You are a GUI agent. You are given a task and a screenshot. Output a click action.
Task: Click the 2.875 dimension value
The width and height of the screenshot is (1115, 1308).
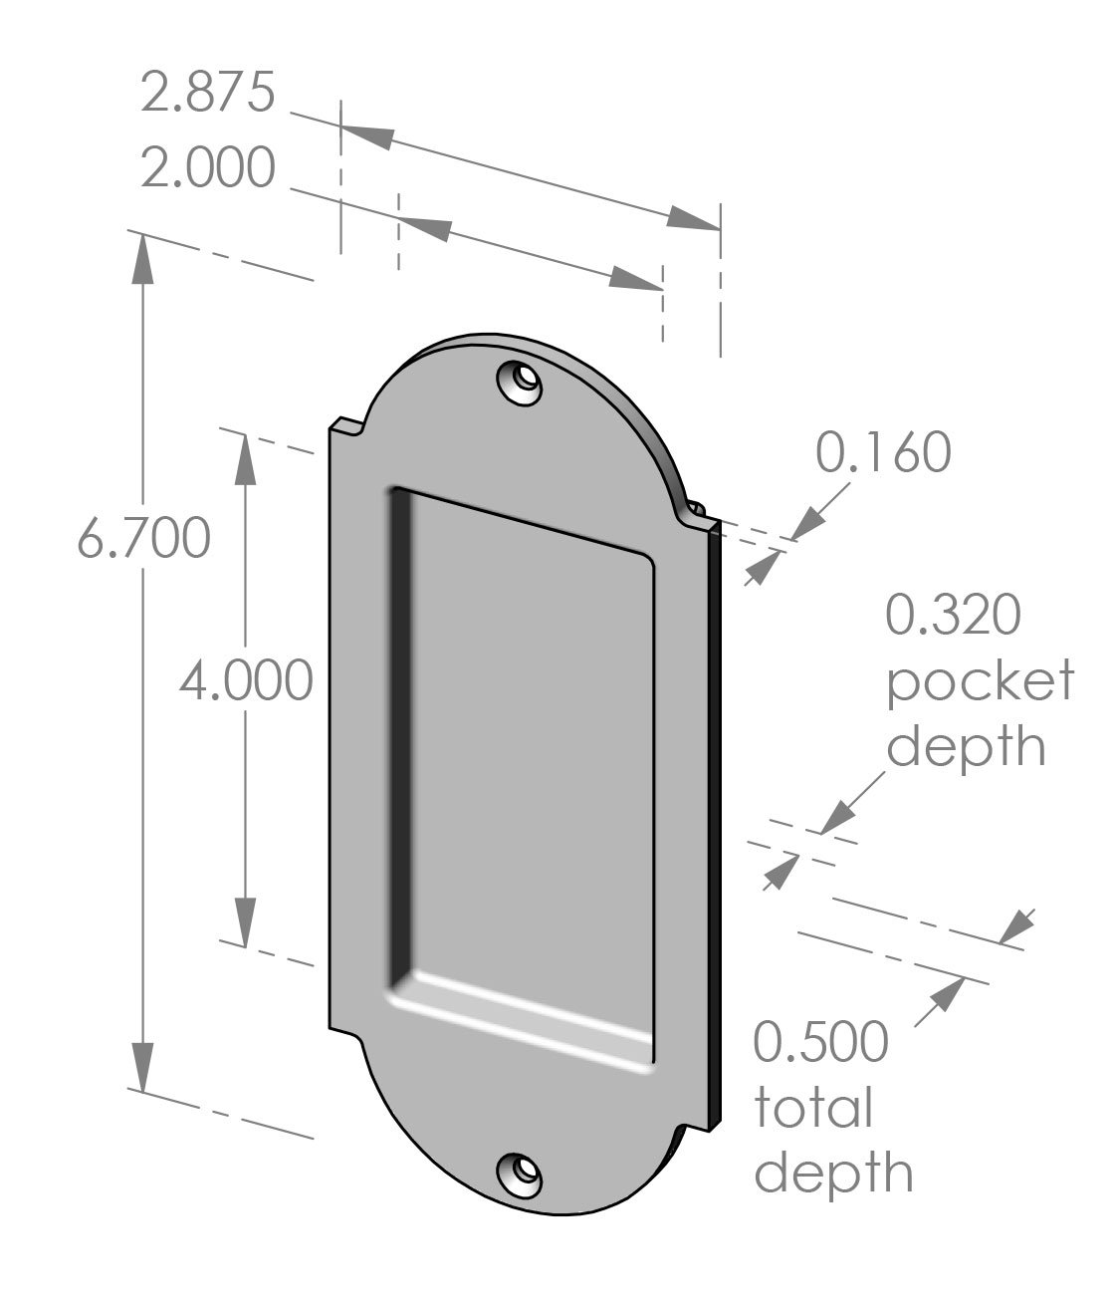click(206, 93)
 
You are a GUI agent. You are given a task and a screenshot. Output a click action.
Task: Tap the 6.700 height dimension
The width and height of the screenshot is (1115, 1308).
click(143, 539)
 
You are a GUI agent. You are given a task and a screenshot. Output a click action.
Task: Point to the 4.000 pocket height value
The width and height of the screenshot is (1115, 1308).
click(246, 682)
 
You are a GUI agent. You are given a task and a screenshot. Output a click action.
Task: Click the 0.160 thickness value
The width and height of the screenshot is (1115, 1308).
click(883, 452)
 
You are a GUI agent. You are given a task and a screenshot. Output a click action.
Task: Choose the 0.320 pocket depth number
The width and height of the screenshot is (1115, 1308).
click(953, 615)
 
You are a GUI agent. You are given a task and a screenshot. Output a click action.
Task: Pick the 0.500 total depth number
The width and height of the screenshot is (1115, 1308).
click(819, 1042)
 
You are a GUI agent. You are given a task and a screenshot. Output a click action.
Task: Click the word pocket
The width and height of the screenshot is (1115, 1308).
click(980, 682)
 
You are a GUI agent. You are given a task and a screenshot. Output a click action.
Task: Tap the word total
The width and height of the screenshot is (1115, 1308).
click(812, 1108)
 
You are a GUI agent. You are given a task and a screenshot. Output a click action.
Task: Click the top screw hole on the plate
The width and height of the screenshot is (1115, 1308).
click(520, 383)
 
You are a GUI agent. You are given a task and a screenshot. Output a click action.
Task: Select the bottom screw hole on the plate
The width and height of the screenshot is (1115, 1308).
click(520, 1177)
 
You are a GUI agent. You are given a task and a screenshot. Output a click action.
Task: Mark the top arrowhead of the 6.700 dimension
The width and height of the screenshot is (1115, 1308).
click(143, 260)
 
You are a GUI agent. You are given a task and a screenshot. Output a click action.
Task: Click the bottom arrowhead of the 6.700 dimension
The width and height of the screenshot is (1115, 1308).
click(143, 1066)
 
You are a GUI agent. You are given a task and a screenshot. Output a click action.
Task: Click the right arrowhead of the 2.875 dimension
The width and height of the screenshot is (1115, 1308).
click(693, 220)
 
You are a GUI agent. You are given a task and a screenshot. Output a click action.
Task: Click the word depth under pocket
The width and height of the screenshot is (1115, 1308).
click(966, 747)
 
